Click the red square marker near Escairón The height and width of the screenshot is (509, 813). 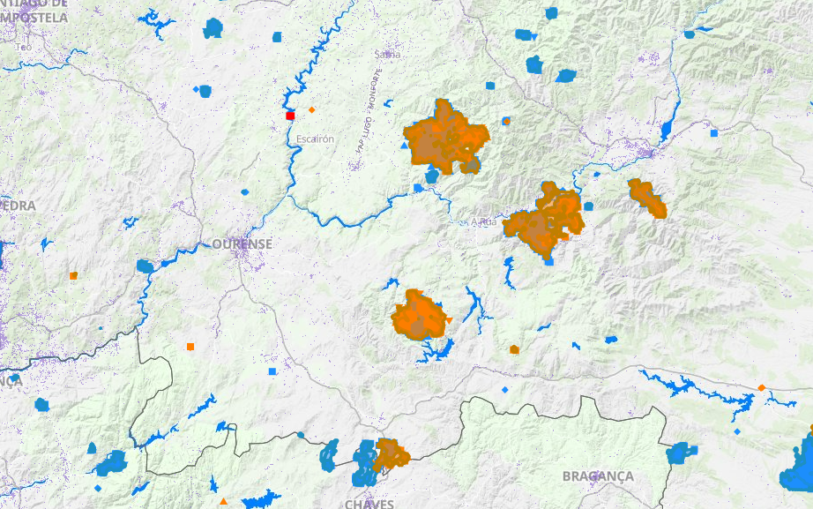point(289,116)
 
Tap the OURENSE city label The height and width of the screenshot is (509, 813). point(242,243)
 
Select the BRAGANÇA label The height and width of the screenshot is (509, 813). point(598,475)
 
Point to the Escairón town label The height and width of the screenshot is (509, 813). point(316,139)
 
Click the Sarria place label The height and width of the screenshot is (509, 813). point(387,54)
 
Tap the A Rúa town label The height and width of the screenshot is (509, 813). point(484,221)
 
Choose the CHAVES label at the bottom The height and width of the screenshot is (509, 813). point(369,504)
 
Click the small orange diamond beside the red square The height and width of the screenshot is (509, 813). point(312,109)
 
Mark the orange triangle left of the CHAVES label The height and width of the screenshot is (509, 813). point(224,501)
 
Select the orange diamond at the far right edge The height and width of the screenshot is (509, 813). point(761,387)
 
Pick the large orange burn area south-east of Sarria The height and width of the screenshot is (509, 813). point(449,137)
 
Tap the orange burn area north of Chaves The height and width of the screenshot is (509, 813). point(390,454)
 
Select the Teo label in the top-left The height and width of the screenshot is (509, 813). point(24,46)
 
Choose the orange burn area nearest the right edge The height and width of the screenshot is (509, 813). point(647,198)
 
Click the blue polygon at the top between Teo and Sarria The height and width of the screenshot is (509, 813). point(213,29)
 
